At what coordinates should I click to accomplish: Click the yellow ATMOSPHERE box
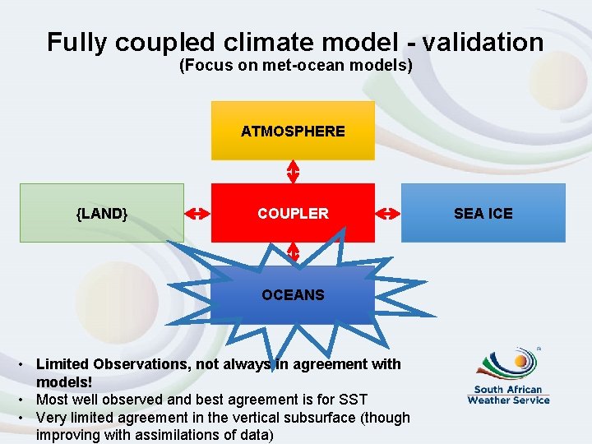(293, 131)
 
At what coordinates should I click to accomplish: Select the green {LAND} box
(102, 213)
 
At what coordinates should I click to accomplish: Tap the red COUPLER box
(293, 213)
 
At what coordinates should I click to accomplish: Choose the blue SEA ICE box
(483, 213)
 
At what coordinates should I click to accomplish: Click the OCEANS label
(293, 294)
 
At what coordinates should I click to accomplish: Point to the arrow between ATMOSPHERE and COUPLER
(293, 171)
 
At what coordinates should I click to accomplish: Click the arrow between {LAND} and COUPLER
(197, 213)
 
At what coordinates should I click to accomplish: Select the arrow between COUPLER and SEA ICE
(387, 213)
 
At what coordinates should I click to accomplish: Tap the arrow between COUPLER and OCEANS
(293, 253)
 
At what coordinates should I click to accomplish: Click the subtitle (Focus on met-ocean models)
(295, 66)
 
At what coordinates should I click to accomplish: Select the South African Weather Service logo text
(508, 395)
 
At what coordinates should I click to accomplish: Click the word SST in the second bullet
(352, 400)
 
